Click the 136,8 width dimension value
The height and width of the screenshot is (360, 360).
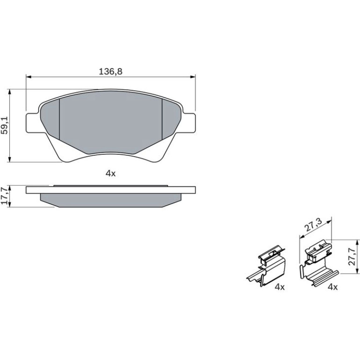[111, 72]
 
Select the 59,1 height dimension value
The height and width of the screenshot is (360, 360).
[5, 125]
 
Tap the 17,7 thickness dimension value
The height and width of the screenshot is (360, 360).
[5, 195]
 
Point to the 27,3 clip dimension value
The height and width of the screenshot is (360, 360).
[314, 224]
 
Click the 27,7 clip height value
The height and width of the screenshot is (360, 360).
[352, 257]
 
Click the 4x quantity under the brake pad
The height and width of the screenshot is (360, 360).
[111, 173]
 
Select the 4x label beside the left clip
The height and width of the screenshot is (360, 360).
[280, 287]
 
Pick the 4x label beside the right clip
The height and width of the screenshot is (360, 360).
[333, 287]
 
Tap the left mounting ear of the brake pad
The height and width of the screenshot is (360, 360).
[32, 123]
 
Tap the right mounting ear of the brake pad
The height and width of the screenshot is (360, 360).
[189, 123]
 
